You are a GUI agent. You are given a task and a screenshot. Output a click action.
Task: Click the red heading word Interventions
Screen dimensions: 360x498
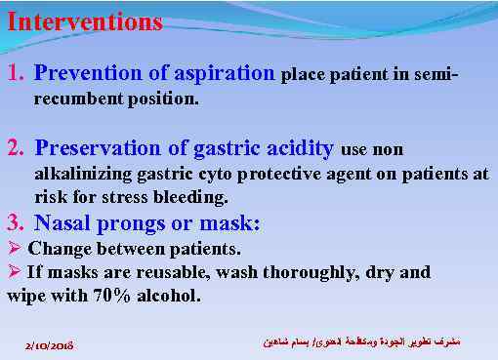coord(84,21)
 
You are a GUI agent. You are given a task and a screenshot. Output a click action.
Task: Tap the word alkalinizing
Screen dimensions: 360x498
coord(79,175)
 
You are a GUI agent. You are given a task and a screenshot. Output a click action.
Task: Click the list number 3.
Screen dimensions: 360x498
coord(14,222)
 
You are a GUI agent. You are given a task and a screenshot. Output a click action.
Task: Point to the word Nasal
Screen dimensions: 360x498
coord(61,222)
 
